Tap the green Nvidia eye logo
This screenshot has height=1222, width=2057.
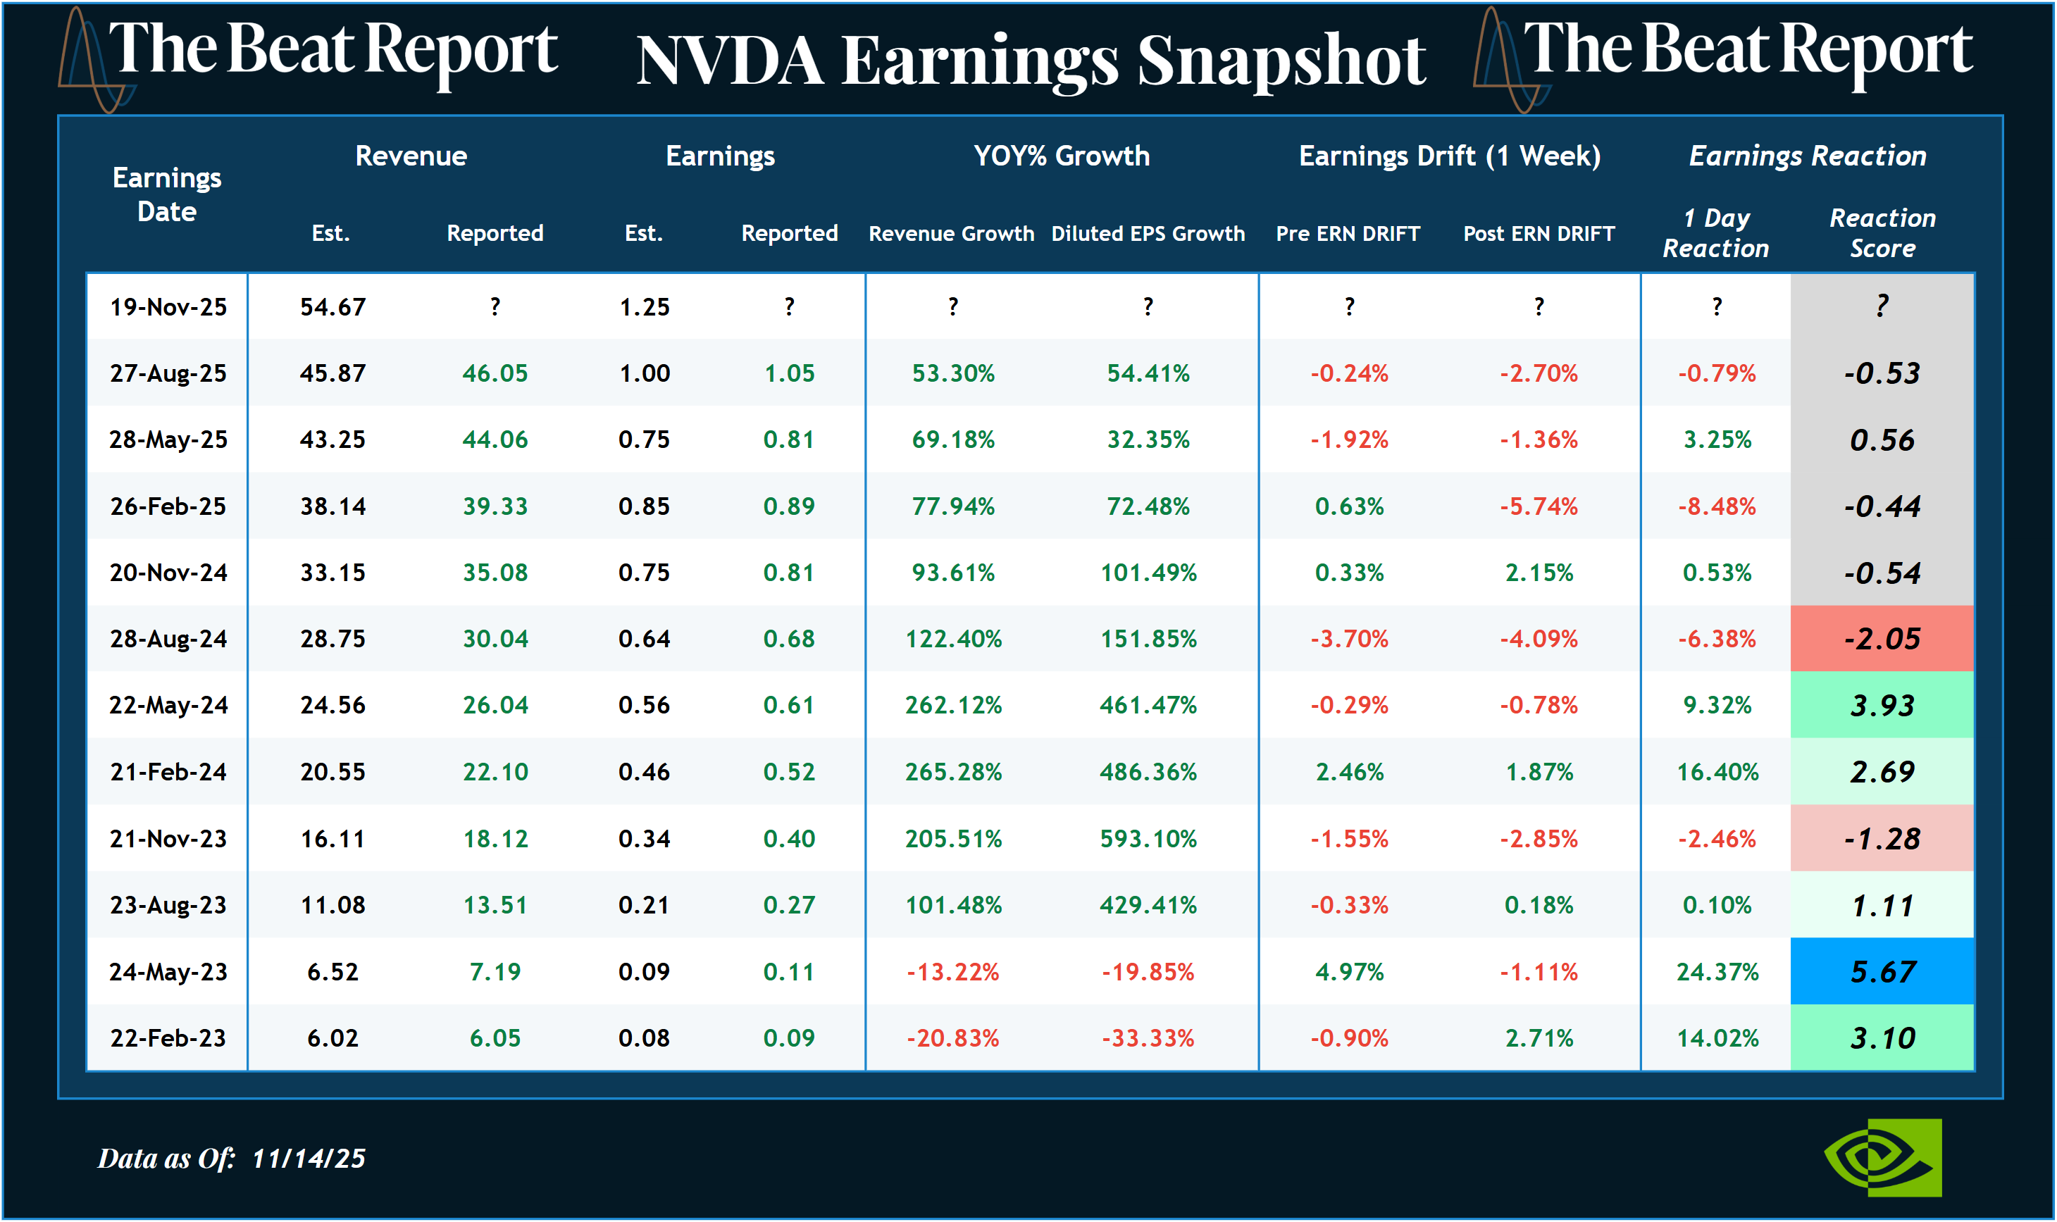point(1882,1157)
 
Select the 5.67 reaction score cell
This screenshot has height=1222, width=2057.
point(1882,972)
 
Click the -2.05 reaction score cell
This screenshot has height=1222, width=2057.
point(1882,639)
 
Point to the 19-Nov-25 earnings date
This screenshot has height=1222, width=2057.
point(168,307)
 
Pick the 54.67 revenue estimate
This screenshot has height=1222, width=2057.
point(332,307)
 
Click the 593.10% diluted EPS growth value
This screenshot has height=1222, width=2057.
point(1148,839)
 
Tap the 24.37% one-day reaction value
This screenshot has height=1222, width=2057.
point(1717,972)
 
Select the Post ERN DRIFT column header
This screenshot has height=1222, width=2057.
point(1539,234)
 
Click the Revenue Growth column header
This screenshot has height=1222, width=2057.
point(951,234)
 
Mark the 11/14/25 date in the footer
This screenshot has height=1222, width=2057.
point(308,1159)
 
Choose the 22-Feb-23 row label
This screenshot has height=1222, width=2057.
point(168,1038)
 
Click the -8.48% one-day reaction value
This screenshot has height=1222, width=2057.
point(1717,506)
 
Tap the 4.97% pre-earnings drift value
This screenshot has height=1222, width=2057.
point(1349,972)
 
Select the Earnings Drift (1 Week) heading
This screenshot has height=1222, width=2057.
point(1449,156)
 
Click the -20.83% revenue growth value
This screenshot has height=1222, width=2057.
point(952,1038)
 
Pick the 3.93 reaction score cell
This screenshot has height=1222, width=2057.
point(1882,706)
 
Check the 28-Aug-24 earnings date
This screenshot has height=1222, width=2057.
point(168,639)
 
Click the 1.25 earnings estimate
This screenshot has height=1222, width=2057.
point(644,307)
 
